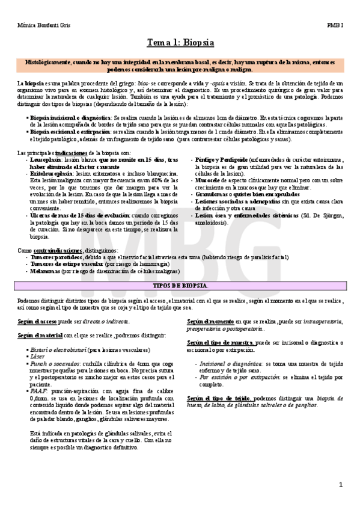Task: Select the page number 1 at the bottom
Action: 341,484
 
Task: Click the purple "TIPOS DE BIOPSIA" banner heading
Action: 181,284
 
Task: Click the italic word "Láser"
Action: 37,356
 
